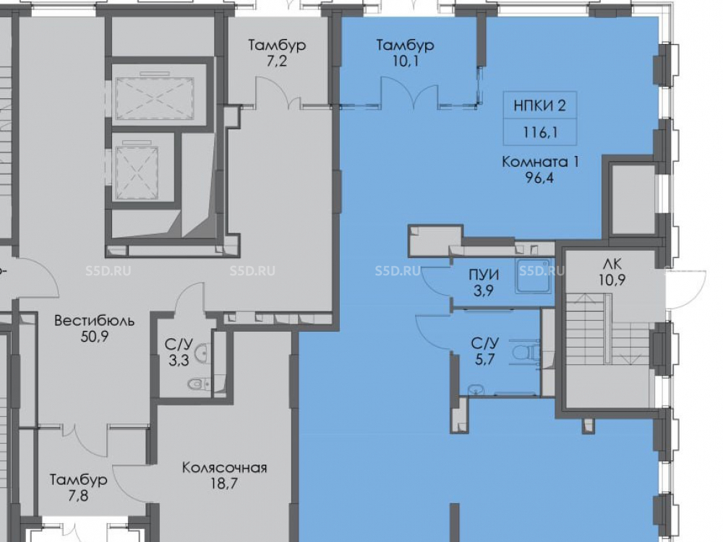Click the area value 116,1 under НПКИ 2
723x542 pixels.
540,133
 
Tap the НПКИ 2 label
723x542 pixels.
539,106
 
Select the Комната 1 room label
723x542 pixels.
540,162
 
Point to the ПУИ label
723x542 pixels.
484,275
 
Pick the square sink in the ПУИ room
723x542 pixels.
534,276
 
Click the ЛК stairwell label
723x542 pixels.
612,264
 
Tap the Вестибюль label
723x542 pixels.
95,320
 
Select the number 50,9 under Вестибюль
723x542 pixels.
95,337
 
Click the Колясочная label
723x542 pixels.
225,468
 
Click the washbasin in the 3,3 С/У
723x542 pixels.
202,354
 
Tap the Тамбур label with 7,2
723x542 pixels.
277,45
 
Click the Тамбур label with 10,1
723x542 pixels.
406,45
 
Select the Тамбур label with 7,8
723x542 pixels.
79,480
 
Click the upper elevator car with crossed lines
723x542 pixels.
155,98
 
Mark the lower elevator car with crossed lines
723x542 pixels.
137,173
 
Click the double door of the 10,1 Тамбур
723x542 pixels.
409,93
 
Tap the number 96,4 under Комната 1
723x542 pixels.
540,178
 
